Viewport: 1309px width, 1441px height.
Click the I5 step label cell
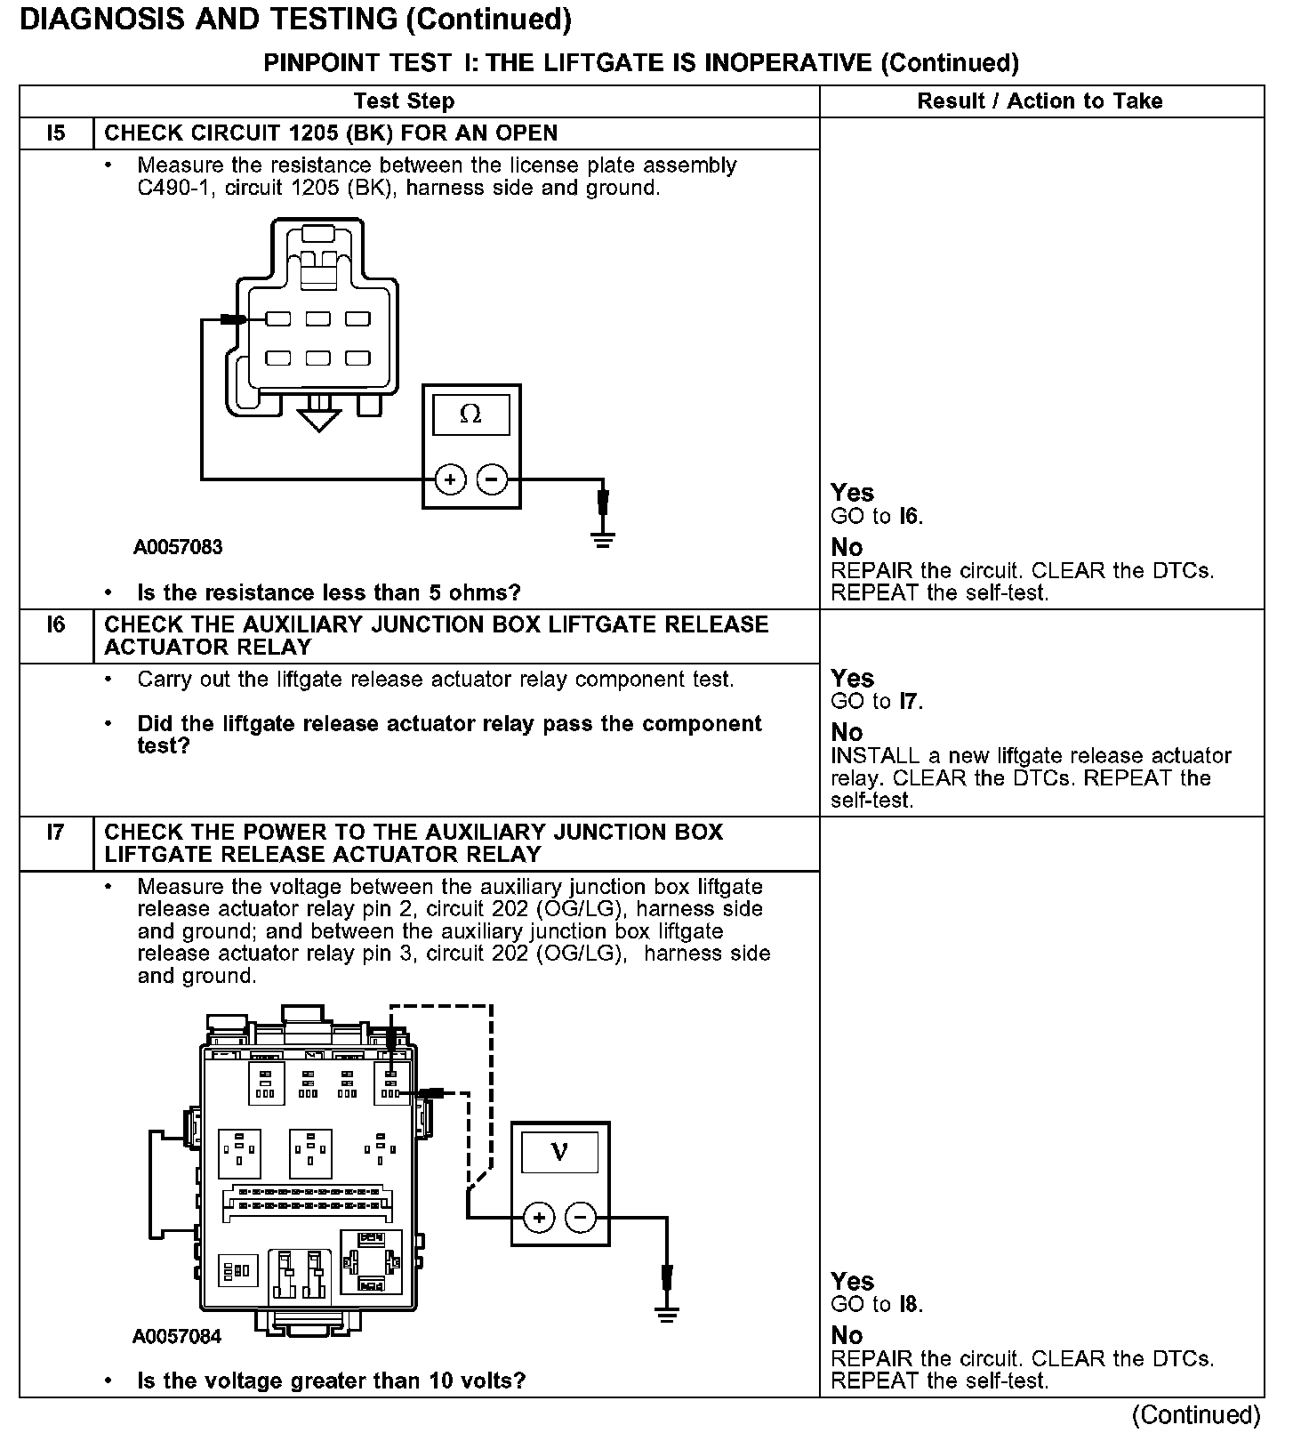56,133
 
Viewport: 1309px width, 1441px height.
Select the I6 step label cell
56,625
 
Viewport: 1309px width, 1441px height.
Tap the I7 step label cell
56,833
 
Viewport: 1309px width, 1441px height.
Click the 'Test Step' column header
404,101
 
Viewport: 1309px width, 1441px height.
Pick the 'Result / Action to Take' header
1040,101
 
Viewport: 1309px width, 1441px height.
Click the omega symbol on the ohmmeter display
470,415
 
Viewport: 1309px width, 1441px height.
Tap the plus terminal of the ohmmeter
450,480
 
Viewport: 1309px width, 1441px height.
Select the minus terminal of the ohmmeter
492,480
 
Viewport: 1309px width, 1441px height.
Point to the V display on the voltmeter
559,1152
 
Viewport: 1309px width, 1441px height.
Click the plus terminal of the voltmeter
539,1217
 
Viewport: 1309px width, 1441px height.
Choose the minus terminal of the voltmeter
581,1217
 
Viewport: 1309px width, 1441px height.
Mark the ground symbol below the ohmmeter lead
603,538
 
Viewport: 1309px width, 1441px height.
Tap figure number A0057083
178,547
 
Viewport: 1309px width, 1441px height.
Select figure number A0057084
177,1336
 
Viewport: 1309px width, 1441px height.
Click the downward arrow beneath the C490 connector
318,418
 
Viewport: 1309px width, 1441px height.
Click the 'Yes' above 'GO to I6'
852,493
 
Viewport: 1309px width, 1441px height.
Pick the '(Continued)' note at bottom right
1196,1414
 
